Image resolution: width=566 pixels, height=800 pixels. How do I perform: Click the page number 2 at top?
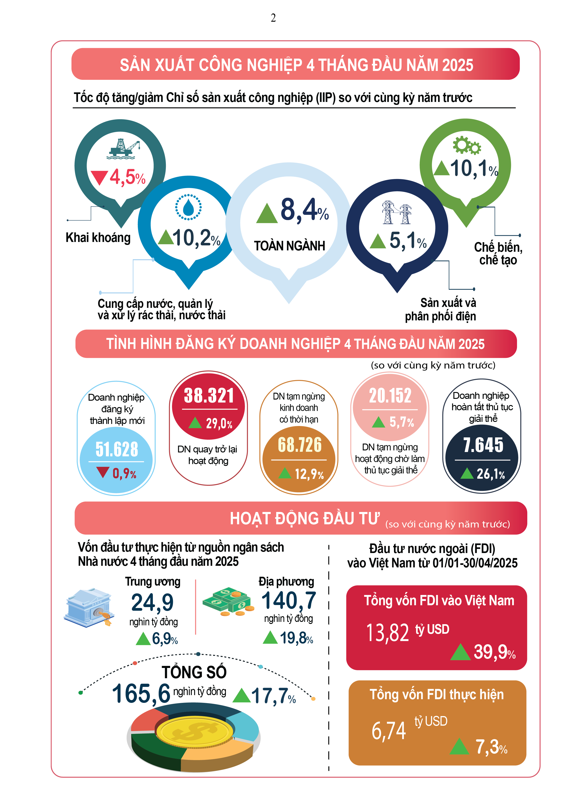[273, 18]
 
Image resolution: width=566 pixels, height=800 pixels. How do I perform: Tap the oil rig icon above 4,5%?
[123, 149]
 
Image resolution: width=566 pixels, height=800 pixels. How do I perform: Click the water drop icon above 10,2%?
[188, 207]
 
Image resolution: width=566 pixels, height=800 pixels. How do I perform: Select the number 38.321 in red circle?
[209, 396]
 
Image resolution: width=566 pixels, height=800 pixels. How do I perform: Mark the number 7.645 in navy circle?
[483, 445]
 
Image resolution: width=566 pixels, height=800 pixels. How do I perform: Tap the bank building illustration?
[89, 608]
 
